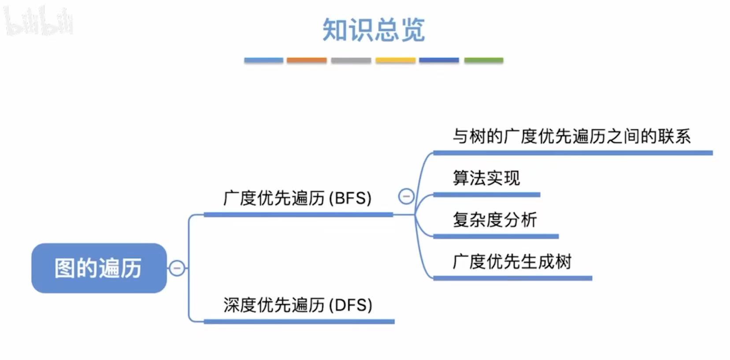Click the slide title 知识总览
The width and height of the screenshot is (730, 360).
pyautogui.click(x=373, y=30)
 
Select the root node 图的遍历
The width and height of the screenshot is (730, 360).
pyautogui.click(x=99, y=268)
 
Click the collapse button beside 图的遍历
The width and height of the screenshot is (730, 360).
pyautogui.click(x=177, y=268)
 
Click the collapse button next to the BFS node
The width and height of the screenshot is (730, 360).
pyautogui.click(x=406, y=196)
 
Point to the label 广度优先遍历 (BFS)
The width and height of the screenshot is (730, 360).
pyautogui.click(x=297, y=198)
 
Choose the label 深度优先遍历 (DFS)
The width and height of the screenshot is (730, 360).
pyautogui.click(x=297, y=305)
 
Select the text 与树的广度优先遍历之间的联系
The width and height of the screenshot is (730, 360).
pyautogui.click(x=572, y=136)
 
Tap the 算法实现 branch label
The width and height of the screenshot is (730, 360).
pyautogui.click(x=486, y=178)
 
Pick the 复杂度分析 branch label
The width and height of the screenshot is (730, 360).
pyautogui.click(x=495, y=219)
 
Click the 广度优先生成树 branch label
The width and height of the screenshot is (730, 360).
pyautogui.click(x=512, y=261)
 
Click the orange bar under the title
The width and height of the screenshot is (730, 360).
pyautogui.click(x=307, y=60)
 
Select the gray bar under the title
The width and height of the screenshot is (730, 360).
pyautogui.click(x=351, y=60)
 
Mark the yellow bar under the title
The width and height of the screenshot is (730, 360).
pyautogui.click(x=395, y=60)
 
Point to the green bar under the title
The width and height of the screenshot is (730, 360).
pyautogui.click(x=484, y=60)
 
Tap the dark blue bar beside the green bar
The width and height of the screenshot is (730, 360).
pyautogui.click(x=439, y=60)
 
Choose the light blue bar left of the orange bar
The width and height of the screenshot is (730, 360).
pyautogui.click(x=263, y=60)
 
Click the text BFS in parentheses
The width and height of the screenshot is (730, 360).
pyautogui.click(x=351, y=198)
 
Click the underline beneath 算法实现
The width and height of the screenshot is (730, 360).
pyautogui.click(x=486, y=195)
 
